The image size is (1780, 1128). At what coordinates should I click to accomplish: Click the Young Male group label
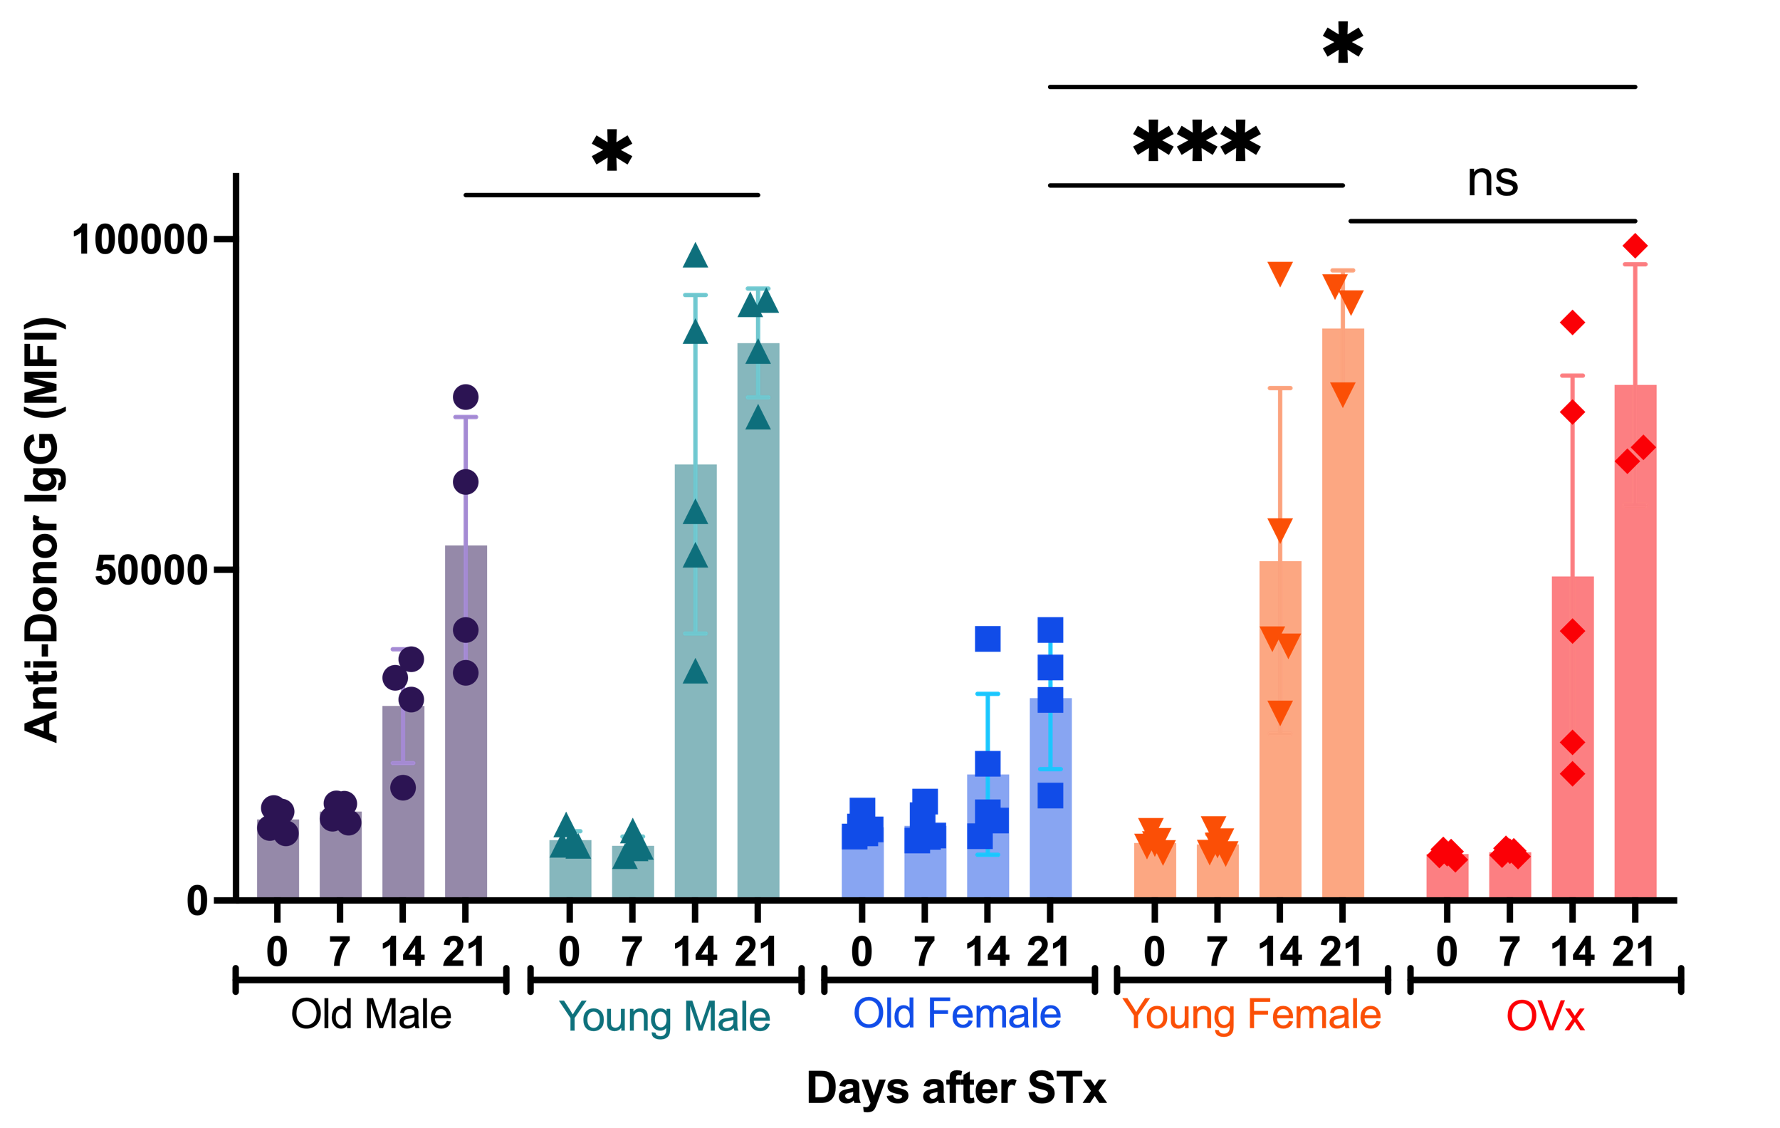point(664,1016)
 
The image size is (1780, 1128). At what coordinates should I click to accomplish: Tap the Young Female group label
point(1251,1014)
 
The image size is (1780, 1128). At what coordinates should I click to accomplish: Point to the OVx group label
point(1545,1015)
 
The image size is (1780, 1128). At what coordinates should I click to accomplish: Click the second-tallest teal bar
point(695,680)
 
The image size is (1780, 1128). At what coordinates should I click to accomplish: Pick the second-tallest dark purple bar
point(403,801)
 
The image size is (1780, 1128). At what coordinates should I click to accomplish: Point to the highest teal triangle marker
point(695,255)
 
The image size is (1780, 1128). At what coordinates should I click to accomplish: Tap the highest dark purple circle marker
point(466,397)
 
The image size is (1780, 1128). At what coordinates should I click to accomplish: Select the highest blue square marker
point(1050,630)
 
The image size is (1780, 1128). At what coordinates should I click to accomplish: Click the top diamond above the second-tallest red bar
point(1572,323)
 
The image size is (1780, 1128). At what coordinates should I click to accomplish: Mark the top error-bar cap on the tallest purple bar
point(466,417)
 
